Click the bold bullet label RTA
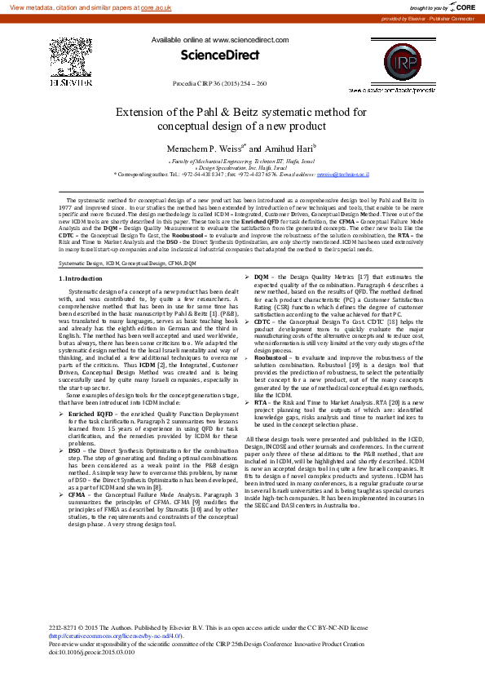click(260, 402)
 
